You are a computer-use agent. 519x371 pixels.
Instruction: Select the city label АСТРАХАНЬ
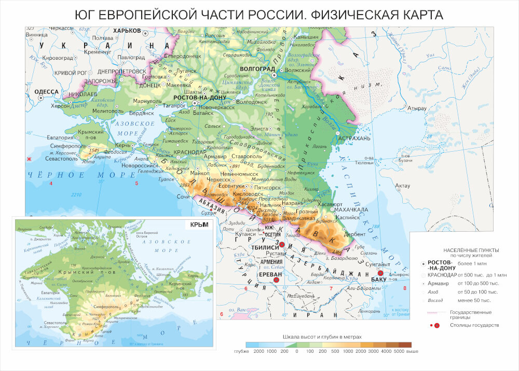point(354,139)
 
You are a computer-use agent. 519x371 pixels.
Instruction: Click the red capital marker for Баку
point(380,273)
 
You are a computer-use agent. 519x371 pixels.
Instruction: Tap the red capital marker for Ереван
point(277,280)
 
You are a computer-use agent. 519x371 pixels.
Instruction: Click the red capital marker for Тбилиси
point(282,245)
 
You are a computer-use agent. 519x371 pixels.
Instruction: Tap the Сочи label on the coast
point(183,197)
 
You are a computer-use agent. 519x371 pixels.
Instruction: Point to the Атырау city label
point(417,108)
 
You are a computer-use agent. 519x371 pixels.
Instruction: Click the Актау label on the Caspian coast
point(403,186)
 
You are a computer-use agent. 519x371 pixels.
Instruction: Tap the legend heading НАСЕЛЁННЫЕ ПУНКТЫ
point(468,249)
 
